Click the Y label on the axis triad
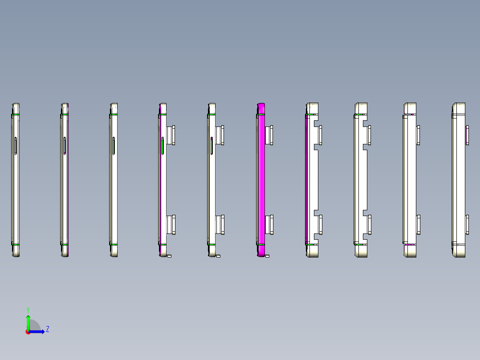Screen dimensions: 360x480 click(x=28, y=309)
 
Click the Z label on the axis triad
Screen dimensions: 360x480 click(x=47, y=329)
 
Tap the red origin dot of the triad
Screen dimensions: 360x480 click(x=28, y=332)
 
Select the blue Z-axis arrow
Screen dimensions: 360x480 click(x=38, y=331)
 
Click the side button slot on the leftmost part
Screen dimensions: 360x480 click(x=16, y=146)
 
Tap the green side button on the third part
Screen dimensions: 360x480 click(x=114, y=146)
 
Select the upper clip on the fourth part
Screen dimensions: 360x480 click(x=171, y=135)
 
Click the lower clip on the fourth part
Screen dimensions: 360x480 click(x=171, y=225)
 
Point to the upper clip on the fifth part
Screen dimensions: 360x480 click(x=220, y=135)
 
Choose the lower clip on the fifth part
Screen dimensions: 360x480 click(x=220, y=225)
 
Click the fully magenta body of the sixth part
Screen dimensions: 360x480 click(x=261, y=178)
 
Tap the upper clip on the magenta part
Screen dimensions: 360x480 click(x=269, y=135)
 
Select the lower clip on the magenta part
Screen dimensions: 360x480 click(x=269, y=225)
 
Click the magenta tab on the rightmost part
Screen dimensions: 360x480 click(x=467, y=135)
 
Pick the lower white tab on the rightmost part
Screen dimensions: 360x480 click(x=467, y=225)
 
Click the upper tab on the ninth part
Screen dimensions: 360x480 click(x=418, y=135)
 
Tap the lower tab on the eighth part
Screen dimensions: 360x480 click(x=369, y=225)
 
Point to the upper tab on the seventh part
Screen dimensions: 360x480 click(x=320, y=135)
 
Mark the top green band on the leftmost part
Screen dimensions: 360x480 click(x=16, y=115)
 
